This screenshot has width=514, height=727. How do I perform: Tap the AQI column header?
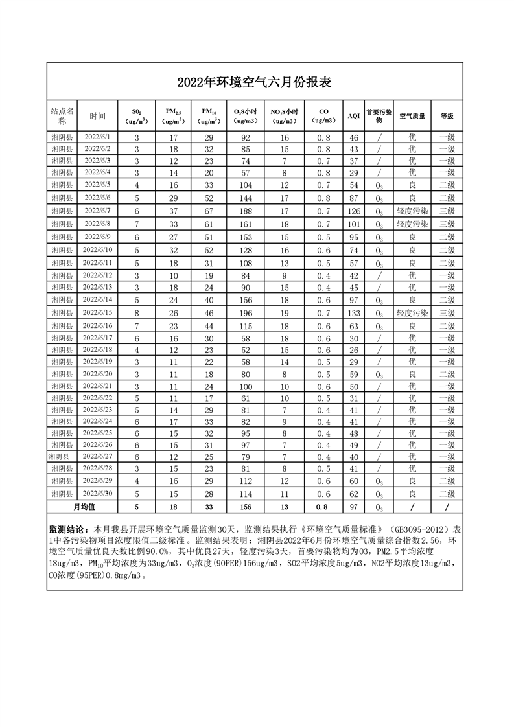point(353,116)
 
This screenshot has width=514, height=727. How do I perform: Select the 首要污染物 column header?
point(379,116)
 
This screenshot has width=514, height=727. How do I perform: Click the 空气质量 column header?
point(412,116)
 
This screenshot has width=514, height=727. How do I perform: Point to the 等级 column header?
point(447,116)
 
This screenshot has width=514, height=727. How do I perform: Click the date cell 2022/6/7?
point(98,211)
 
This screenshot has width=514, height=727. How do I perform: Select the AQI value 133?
point(353,313)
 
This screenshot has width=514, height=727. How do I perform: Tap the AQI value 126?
point(353,211)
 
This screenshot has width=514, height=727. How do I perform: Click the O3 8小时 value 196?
point(246,313)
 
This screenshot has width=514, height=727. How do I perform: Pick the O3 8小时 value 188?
point(246,211)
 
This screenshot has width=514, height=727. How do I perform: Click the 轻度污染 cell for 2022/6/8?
point(412,224)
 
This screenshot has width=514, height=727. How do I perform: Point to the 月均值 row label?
point(84,507)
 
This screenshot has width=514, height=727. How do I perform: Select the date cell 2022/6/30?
point(98,494)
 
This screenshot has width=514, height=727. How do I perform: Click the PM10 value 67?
point(209,211)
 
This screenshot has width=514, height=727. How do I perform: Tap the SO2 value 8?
point(137,313)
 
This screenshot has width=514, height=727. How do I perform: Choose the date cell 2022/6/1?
point(98,137)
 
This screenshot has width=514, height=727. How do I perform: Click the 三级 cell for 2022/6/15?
point(447,313)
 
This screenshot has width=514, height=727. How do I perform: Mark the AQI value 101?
point(353,224)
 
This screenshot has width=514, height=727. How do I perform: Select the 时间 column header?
point(98,116)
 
